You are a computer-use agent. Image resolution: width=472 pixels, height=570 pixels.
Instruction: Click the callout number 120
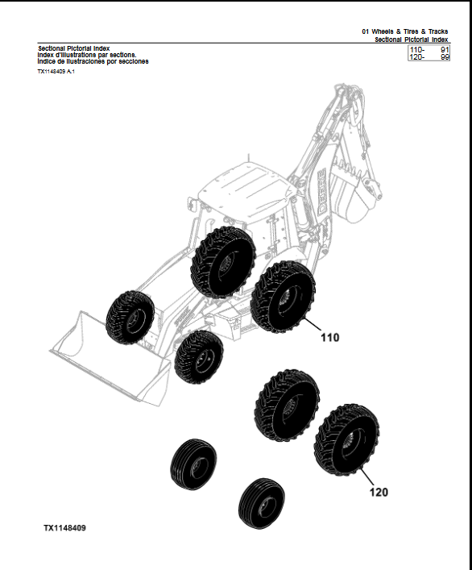[x=379, y=490]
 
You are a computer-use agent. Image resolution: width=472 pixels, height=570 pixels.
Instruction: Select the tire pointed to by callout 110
[x=283, y=297]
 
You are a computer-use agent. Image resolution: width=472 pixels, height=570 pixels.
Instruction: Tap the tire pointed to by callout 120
[x=346, y=436]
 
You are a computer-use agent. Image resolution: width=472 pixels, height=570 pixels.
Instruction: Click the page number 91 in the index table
[x=444, y=50]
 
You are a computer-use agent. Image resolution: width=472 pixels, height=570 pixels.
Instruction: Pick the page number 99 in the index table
[x=444, y=57]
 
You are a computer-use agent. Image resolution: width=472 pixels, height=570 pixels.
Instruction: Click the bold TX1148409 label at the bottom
[x=65, y=528]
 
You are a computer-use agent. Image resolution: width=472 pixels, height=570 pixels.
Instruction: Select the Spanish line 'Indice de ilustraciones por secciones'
[x=93, y=61]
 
